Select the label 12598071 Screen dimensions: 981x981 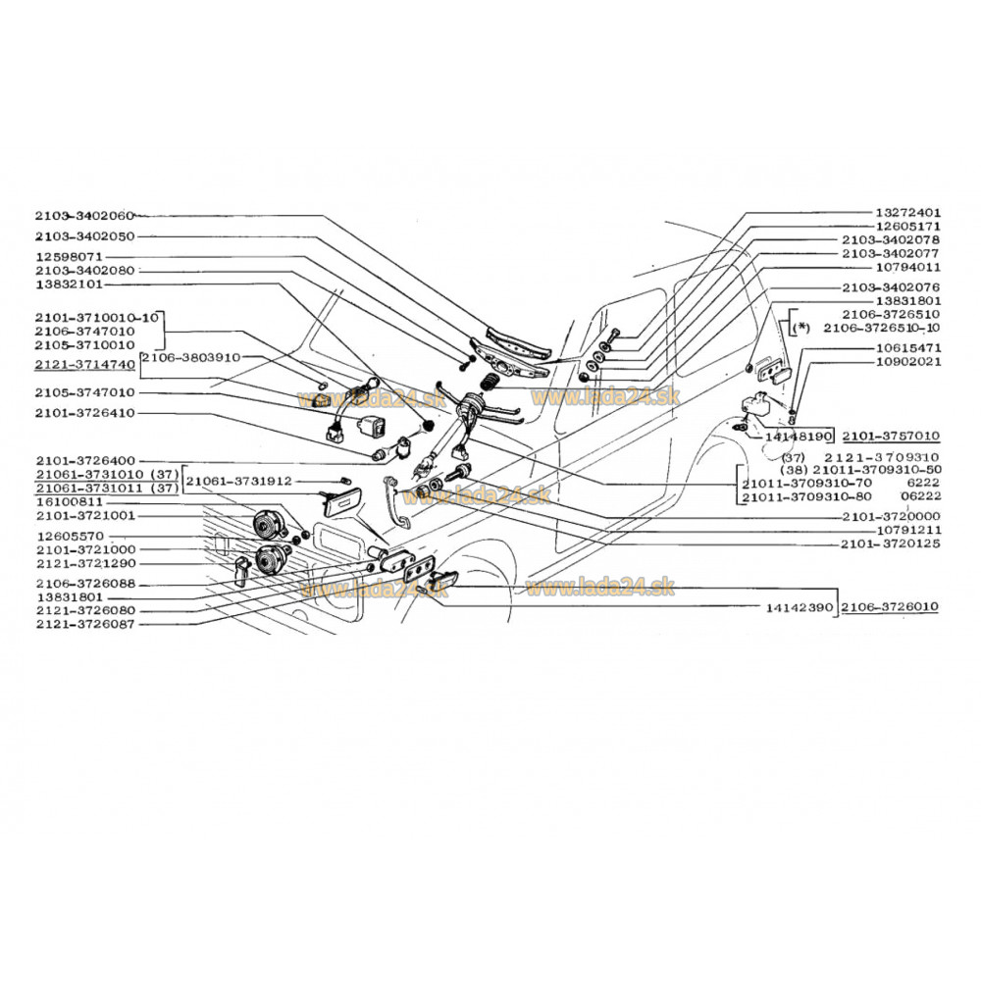70,256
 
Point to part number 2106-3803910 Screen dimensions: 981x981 189,358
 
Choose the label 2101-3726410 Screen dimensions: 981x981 83,413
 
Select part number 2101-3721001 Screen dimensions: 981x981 83,515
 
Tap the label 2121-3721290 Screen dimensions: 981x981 83,564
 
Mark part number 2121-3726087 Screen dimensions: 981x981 83,623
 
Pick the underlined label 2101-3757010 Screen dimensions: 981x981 891,434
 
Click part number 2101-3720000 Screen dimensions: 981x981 891,516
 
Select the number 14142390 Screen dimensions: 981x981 800,608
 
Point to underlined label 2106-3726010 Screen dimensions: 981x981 889,608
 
